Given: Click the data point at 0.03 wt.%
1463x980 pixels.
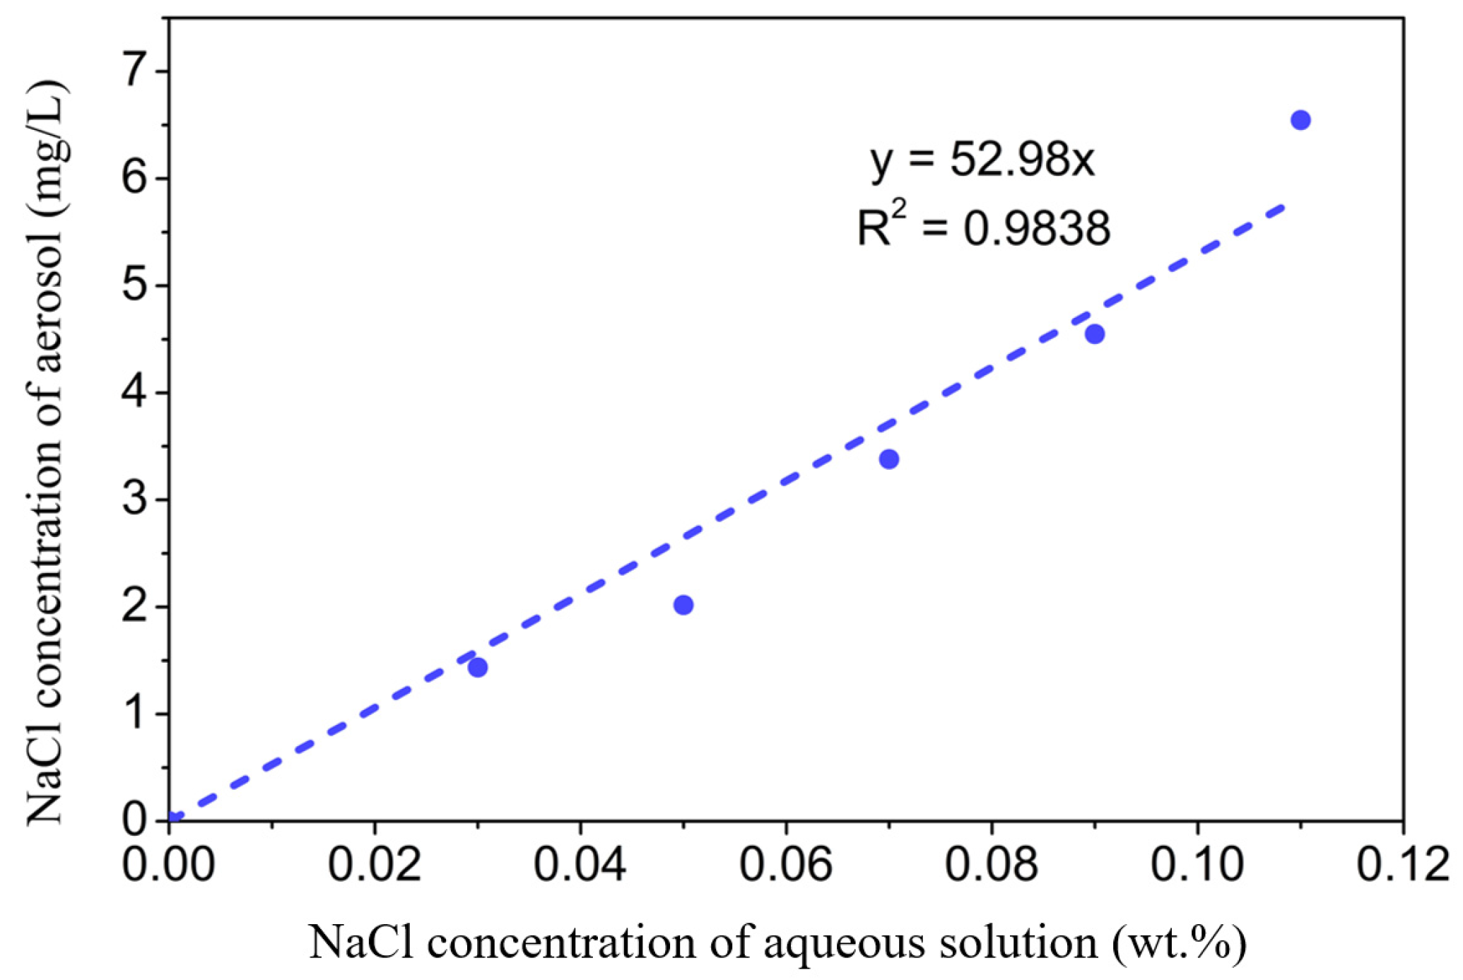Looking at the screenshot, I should click(478, 667).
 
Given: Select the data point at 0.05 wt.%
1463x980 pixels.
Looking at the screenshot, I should click(683, 605).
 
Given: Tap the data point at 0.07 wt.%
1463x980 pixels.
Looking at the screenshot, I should click(889, 459).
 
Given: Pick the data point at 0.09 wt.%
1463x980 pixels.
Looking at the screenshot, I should click(1095, 334).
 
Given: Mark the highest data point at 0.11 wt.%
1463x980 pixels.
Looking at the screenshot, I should click(1300, 120).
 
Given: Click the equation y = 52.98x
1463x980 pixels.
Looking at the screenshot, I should click(982, 161).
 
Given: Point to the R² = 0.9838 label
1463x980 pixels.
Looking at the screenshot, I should click(983, 228).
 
